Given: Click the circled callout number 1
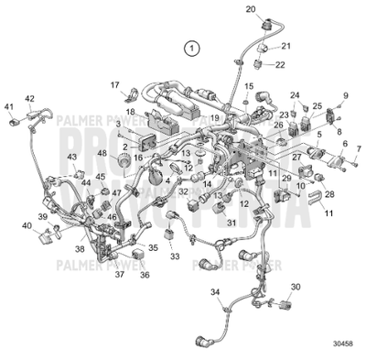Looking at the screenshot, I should click(190, 46).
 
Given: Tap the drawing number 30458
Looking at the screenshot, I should click(342, 347).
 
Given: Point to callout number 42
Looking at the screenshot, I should click(29, 98).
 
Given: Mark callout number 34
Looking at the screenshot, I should click(216, 291).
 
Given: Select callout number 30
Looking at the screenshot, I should click(295, 288).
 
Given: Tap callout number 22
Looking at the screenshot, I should click(280, 64).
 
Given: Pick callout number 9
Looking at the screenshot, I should click(346, 95).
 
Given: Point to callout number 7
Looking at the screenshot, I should click(358, 148).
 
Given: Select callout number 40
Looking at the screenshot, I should click(26, 225).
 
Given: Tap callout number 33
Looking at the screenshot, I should click(173, 258).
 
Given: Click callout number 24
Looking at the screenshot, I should click(295, 95).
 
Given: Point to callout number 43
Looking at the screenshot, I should click(71, 158).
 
